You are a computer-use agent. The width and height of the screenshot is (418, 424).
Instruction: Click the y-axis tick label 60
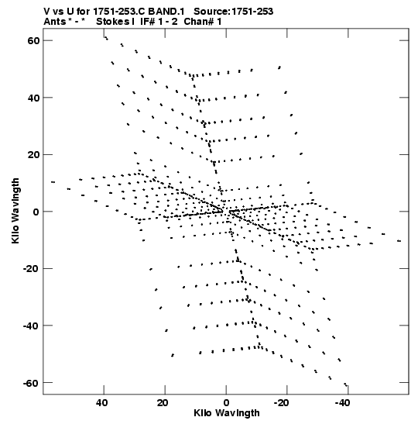(33, 41)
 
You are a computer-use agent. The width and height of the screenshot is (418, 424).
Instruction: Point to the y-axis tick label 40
(33, 98)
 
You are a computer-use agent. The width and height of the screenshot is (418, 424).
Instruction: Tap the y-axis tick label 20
(33, 155)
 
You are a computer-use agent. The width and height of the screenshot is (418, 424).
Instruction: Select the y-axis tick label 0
(36, 212)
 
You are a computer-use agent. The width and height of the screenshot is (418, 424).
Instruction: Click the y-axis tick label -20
(31, 269)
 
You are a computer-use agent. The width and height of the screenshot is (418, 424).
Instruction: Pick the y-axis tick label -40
(31, 326)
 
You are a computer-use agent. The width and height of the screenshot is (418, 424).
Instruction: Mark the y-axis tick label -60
(31, 383)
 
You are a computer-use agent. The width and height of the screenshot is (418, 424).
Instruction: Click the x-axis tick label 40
(101, 403)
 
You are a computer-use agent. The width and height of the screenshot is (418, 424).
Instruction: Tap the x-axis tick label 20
(163, 403)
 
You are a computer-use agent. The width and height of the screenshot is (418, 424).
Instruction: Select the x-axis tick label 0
(226, 403)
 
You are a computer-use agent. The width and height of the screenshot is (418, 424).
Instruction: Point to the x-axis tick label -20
(283, 403)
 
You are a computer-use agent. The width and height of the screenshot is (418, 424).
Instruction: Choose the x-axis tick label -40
(343, 403)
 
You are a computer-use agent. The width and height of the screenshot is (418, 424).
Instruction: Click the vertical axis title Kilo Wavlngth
(15, 211)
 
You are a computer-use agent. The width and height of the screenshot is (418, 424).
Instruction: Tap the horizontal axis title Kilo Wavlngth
(227, 413)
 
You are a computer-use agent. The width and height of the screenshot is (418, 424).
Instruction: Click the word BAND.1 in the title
(166, 12)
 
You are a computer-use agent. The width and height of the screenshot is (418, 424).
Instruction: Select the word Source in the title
(211, 12)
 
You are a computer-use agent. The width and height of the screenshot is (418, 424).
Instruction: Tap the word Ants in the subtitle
(54, 22)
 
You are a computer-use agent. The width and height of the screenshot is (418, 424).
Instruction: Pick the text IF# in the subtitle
(148, 22)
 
